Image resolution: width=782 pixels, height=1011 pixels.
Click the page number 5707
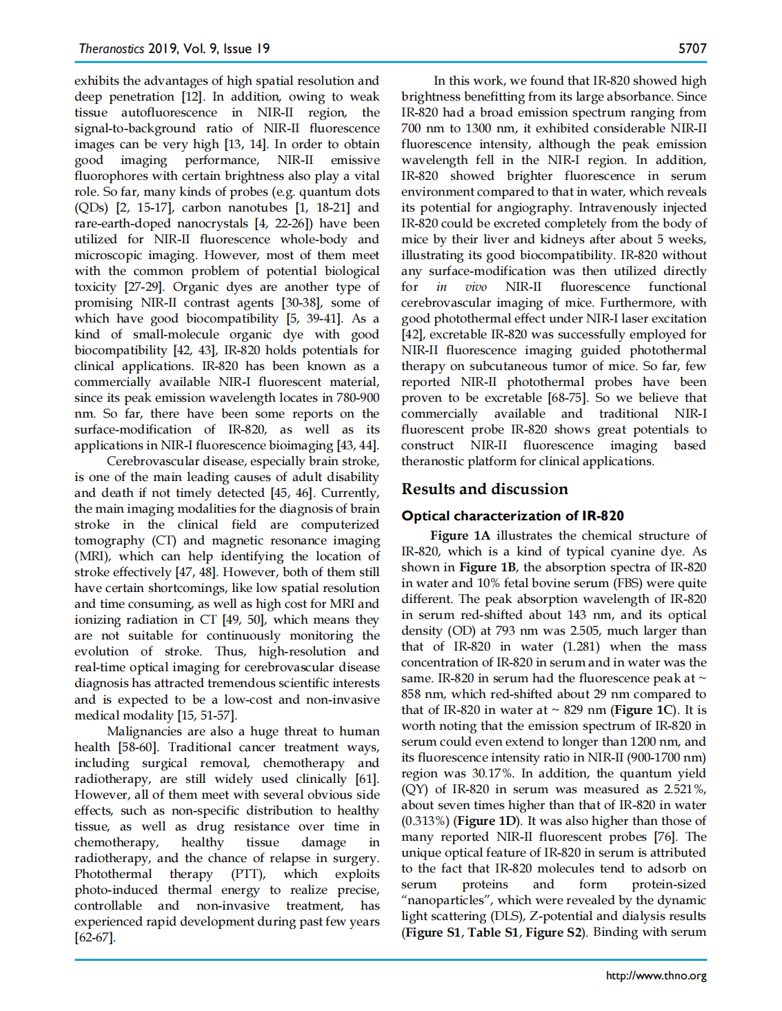tap(692, 48)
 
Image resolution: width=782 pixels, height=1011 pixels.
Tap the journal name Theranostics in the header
tap(111, 48)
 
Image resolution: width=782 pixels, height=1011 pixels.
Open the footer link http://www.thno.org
tap(656, 975)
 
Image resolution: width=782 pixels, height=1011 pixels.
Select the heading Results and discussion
tap(484, 489)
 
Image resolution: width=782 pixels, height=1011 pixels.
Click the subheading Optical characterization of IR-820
tap(512, 515)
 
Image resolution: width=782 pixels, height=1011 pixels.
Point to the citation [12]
tap(192, 96)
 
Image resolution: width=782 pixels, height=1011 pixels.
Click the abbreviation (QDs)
tap(91, 207)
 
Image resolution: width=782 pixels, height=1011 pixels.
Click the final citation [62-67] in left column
tap(95, 937)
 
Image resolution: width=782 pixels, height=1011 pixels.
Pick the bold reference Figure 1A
tap(460, 535)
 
